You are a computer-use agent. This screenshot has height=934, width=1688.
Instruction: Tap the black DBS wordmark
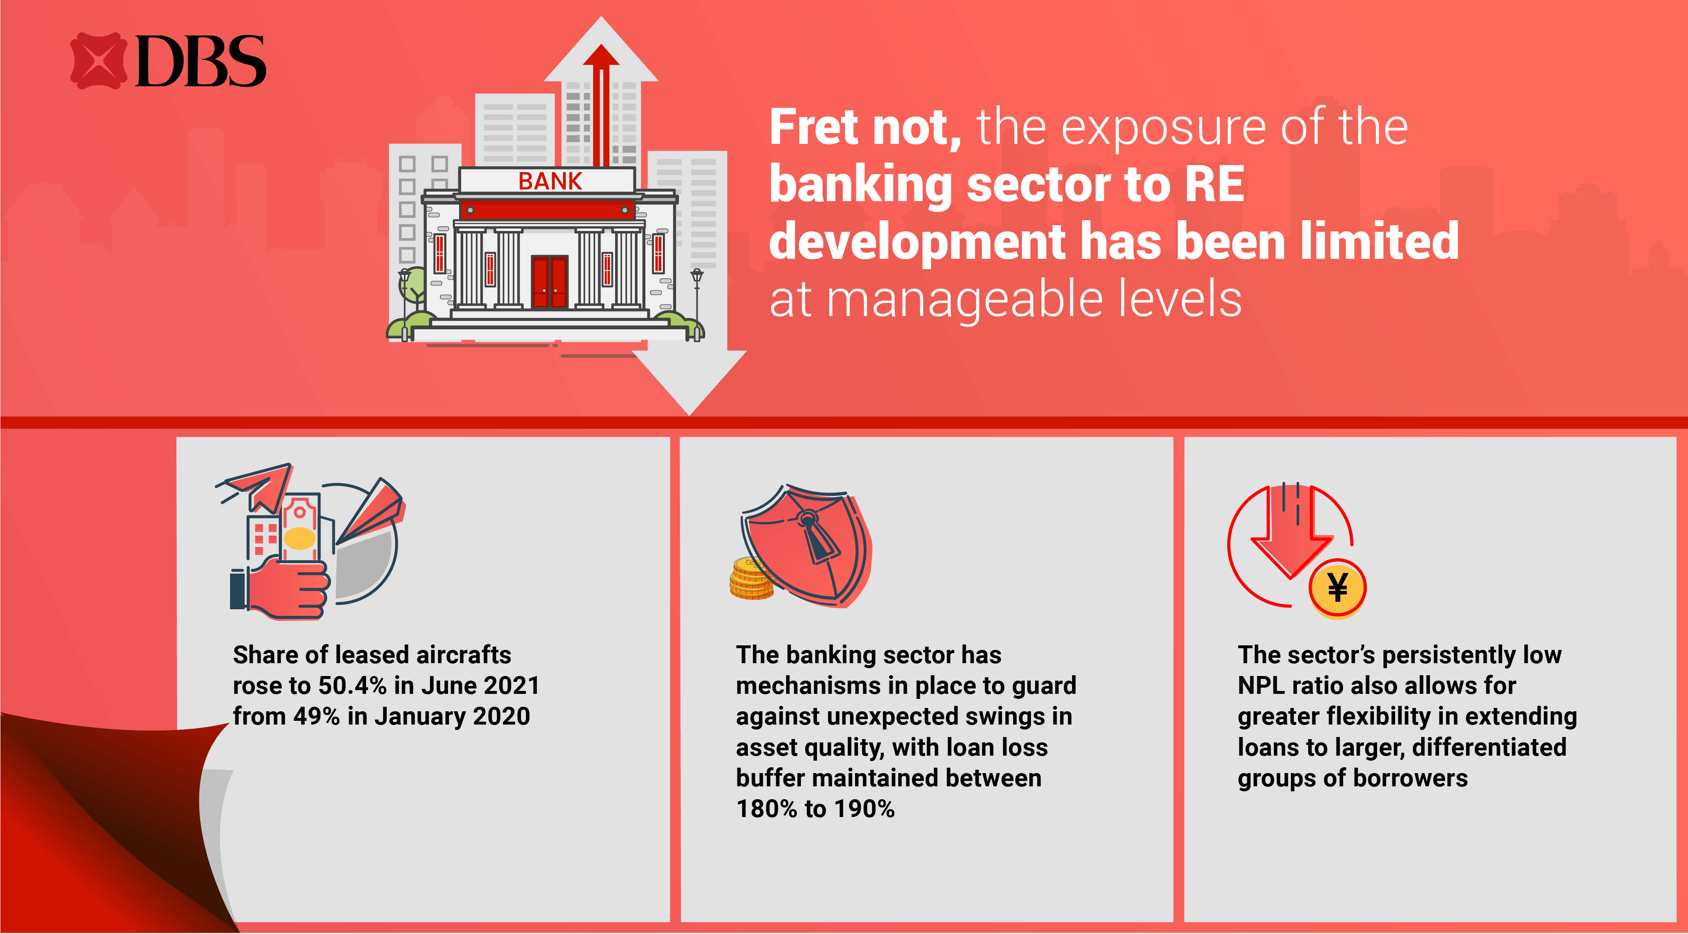(200, 61)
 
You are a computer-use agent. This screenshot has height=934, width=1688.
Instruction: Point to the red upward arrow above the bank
(600, 105)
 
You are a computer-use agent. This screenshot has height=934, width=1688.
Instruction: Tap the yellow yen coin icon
(1337, 588)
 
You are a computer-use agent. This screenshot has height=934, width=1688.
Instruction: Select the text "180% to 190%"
(815, 809)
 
